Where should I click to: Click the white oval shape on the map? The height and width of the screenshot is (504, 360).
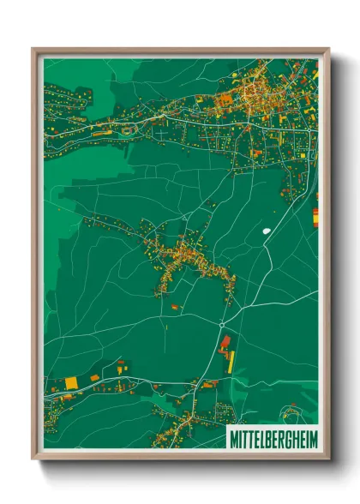click(266, 230)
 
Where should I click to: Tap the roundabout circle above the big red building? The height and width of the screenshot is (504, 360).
click(222, 325)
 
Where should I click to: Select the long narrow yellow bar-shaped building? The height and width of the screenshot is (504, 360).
click(231, 360)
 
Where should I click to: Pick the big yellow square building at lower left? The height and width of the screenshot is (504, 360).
click(71, 381)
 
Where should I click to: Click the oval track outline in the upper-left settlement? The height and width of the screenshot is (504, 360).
click(130, 130)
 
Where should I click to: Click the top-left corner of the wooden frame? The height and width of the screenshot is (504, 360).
click(33, 49)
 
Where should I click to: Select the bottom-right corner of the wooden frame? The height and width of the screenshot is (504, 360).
click(329, 459)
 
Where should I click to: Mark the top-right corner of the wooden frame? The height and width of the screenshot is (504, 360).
click(329, 49)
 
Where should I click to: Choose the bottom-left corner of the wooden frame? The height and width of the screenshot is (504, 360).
click(33, 459)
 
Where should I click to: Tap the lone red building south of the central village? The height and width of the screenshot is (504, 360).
click(175, 306)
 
